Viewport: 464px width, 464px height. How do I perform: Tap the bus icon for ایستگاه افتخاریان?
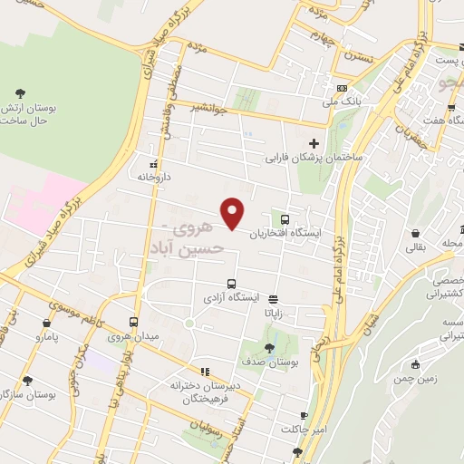tap(285, 219)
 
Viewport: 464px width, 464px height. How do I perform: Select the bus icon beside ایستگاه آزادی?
tap(231, 283)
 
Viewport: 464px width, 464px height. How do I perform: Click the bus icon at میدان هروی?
tap(134, 322)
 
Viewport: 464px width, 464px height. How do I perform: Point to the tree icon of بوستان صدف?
tap(270, 349)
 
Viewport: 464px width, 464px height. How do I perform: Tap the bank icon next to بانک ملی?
tap(342, 88)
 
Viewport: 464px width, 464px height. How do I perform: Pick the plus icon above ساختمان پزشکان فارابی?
tap(314, 143)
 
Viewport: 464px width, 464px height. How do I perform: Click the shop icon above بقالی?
tap(416, 231)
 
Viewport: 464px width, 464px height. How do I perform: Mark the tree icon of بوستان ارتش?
tap(21, 92)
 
